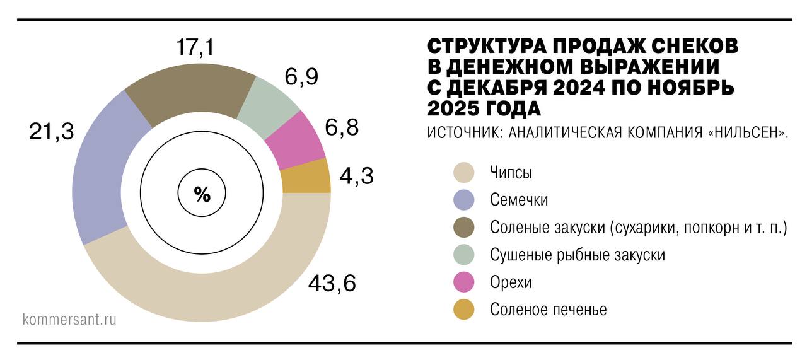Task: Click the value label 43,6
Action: coord(332,284)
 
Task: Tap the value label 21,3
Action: coord(51,131)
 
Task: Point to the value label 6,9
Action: coord(301,77)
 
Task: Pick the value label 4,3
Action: coord(357,175)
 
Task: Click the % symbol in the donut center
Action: coord(202,195)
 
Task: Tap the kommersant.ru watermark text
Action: coord(69,319)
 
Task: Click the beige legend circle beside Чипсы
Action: coord(463,172)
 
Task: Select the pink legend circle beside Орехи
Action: coord(463,282)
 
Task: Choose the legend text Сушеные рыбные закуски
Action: coord(577,255)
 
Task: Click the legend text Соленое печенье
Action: coord(548,310)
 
